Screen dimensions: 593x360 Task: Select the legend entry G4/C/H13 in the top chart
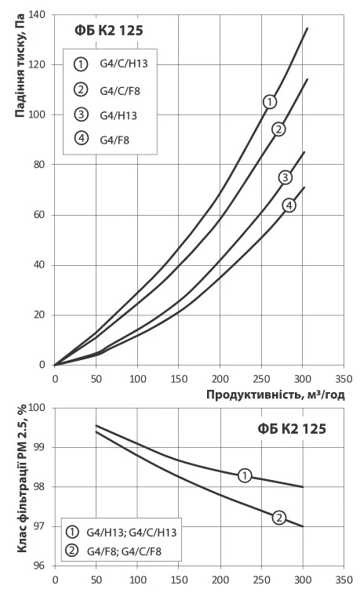tap(118, 65)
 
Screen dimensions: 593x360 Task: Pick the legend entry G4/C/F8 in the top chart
tap(115, 91)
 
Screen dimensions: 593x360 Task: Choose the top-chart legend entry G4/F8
tap(110, 141)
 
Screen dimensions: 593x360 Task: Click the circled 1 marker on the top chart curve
tap(270, 101)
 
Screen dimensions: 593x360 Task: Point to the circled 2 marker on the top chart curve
tap(278, 129)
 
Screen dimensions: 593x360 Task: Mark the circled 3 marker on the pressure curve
tap(285, 177)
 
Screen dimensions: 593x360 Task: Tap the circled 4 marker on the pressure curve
tap(289, 205)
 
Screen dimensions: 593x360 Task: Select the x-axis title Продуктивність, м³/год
tap(275, 395)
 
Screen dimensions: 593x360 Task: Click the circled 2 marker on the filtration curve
tap(279, 518)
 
